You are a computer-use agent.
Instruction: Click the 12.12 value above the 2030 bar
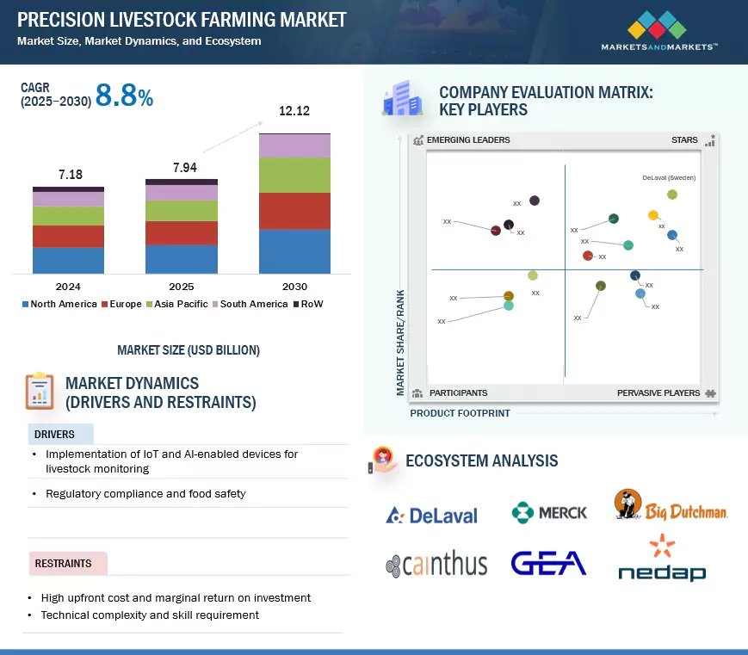pyautogui.click(x=294, y=111)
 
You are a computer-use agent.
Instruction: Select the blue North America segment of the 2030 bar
pyautogui.click(x=294, y=251)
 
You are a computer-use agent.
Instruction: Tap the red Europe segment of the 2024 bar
pyautogui.click(x=68, y=237)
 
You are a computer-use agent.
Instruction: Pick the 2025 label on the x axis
pyautogui.click(x=182, y=287)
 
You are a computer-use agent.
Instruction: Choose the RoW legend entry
pyautogui.click(x=307, y=304)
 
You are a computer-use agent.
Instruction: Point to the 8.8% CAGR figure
pyautogui.click(x=124, y=97)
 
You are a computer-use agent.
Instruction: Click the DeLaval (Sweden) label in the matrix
pyautogui.click(x=669, y=178)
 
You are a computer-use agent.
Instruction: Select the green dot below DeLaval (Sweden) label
pyautogui.click(x=672, y=195)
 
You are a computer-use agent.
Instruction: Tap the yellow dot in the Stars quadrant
pyautogui.click(x=652, y=215)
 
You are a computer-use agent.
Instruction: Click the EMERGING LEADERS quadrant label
pyautogui.click(x=467, y=140)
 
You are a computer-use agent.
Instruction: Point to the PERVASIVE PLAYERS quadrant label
pyautogui.click(x=658, y=393)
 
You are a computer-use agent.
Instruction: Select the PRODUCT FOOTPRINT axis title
pyautogui.click(x=460, y=413)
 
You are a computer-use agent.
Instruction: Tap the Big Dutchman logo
pyautogui.click(x=671, y=506)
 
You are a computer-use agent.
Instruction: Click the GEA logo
pyautogui.click(x=548, y=563)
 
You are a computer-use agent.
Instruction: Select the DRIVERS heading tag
pyautogui.click(x=55, y=434)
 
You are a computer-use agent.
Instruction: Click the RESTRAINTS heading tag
pyautogui.click(x=63, y=564)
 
